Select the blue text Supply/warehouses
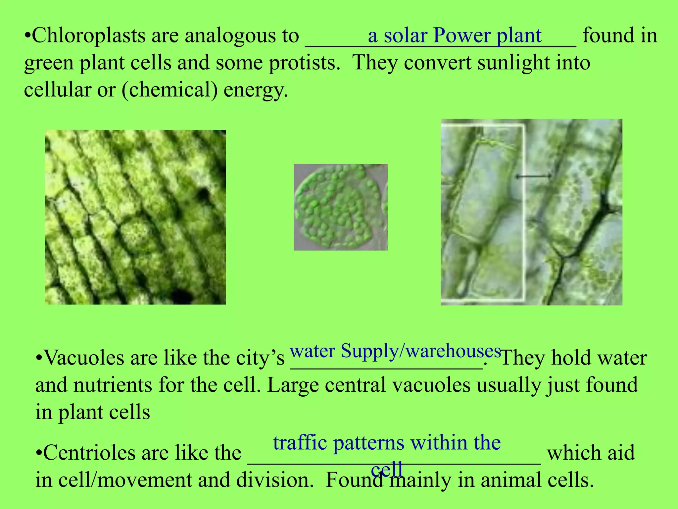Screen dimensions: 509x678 (x=421, y=351)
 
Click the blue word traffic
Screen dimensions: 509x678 (x=300, y=443)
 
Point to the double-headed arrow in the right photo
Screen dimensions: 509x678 (x=533, y=176)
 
